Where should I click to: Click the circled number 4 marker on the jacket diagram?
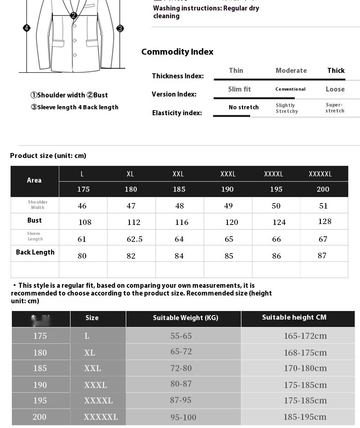point(26,28)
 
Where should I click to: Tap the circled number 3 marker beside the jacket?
point(120,28)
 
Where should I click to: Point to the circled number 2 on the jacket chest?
point(73,15)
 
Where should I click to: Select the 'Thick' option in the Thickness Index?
point(336,71)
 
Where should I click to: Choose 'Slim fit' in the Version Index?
point(239,89)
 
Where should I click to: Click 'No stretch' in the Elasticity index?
point(243,107)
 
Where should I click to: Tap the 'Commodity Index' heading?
point(177,52)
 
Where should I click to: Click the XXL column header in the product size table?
point(178,174)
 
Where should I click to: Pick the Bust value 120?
point(231,222)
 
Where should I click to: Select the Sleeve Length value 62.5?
point(134,239)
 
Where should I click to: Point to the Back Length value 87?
point(322,255)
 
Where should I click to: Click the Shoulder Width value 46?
point(82,206)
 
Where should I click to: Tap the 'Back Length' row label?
point(35,252)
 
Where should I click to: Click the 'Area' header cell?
point(34,180)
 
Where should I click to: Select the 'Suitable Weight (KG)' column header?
point(185,318)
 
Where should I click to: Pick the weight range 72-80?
point(181,368)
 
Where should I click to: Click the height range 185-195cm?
point(305,417)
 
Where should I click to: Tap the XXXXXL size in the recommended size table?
point(101,417)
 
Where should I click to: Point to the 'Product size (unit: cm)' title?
point(48,156)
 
